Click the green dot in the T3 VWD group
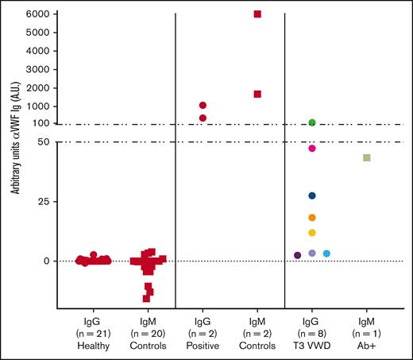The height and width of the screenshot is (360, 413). pyautogui.click(x=312, y=122)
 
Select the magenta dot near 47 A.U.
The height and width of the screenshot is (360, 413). pyautogui.click(x=312, y=149)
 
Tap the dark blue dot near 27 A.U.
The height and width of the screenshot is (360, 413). pyautogui.click(x=312, y=195)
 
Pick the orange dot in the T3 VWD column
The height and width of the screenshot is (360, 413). pyautogui.click(x=312, y=218)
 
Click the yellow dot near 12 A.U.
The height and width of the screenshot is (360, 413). pyautogui.click(x=312, y=233)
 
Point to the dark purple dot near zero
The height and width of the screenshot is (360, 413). pyautogui.click(x=297, y=255)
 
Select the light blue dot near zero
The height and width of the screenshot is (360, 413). pyautogui.click(x=326, y=254)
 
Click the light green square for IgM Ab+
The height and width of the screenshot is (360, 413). pyautogui.click(x=367, y=158)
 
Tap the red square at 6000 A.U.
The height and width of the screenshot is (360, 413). pyautogui.click(x=257, y=14)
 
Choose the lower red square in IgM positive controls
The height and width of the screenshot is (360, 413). pyautogui.click(x=257, y=94)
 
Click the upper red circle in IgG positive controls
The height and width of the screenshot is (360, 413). pyautogui.click(x=203, y=105)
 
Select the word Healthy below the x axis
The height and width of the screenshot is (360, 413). pyautogui.click(x=93, y=346)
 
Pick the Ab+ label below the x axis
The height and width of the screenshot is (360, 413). pyautogui.click(x=367, y=346)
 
